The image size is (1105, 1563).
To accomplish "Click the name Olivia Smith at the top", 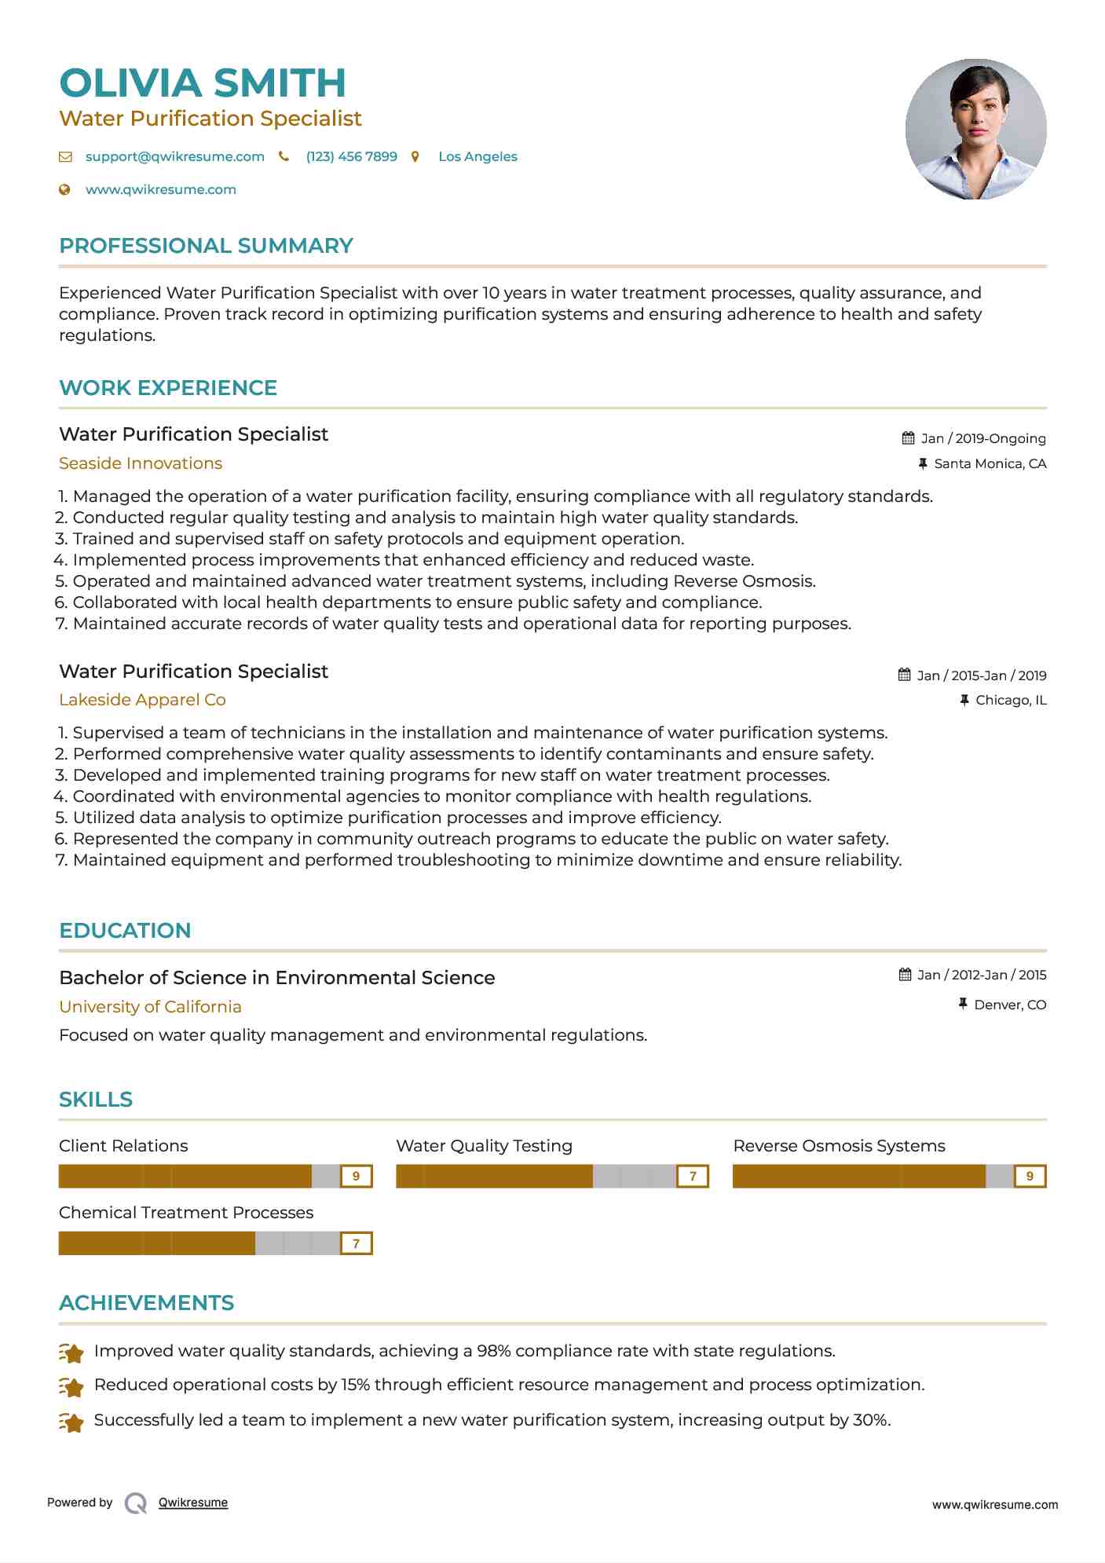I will [203, 83].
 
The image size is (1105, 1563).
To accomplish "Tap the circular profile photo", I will [975, 129].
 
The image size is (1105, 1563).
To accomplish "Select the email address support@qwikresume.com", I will [174, 156].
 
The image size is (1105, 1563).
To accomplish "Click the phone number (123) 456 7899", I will [351, 156].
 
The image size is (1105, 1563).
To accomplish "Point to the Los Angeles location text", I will [477, 156].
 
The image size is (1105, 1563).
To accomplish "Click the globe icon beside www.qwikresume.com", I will [65, 189].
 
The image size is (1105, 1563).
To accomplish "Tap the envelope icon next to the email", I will [65, 157].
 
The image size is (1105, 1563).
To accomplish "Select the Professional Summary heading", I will [206, 246].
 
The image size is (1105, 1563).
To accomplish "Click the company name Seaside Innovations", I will [141, 463].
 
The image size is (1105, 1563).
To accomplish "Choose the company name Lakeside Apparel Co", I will [142, 700].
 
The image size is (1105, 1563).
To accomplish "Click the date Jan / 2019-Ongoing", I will [982, 438].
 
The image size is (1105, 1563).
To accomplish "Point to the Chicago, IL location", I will [1010, 700].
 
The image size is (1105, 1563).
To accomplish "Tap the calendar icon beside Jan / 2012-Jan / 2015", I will [906, 975].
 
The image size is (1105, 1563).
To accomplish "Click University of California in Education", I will [150, 1007].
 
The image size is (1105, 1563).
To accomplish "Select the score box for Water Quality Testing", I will [693, 1176].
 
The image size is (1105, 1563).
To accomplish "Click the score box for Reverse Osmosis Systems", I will [1030, 1176].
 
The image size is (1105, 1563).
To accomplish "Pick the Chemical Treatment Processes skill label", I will [186, 1213].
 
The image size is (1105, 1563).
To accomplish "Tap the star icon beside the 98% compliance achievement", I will [71, 1353].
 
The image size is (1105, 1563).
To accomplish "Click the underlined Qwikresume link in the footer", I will [193, 1503].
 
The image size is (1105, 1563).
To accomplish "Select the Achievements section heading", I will [147, 1303].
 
